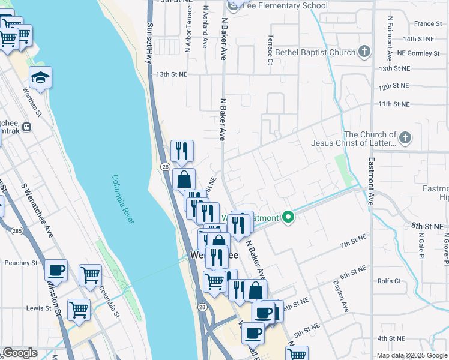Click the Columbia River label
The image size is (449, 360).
[x=122, y=200]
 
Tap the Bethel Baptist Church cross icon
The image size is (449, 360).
[x=364, y=52]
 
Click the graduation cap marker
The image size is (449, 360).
[x=40, y=77]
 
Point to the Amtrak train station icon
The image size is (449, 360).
[x=27, y=127]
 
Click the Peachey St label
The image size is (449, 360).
[x=21, y=263]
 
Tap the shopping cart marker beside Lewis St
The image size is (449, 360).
[x=79, y=310]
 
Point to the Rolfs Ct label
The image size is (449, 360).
[x=389, y=281]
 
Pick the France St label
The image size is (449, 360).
[x=428, y=24]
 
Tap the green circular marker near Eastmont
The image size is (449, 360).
[x=288, y=217]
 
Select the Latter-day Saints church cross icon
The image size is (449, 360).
[x=405, y=139]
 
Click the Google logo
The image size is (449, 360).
[x=20, y=353]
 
